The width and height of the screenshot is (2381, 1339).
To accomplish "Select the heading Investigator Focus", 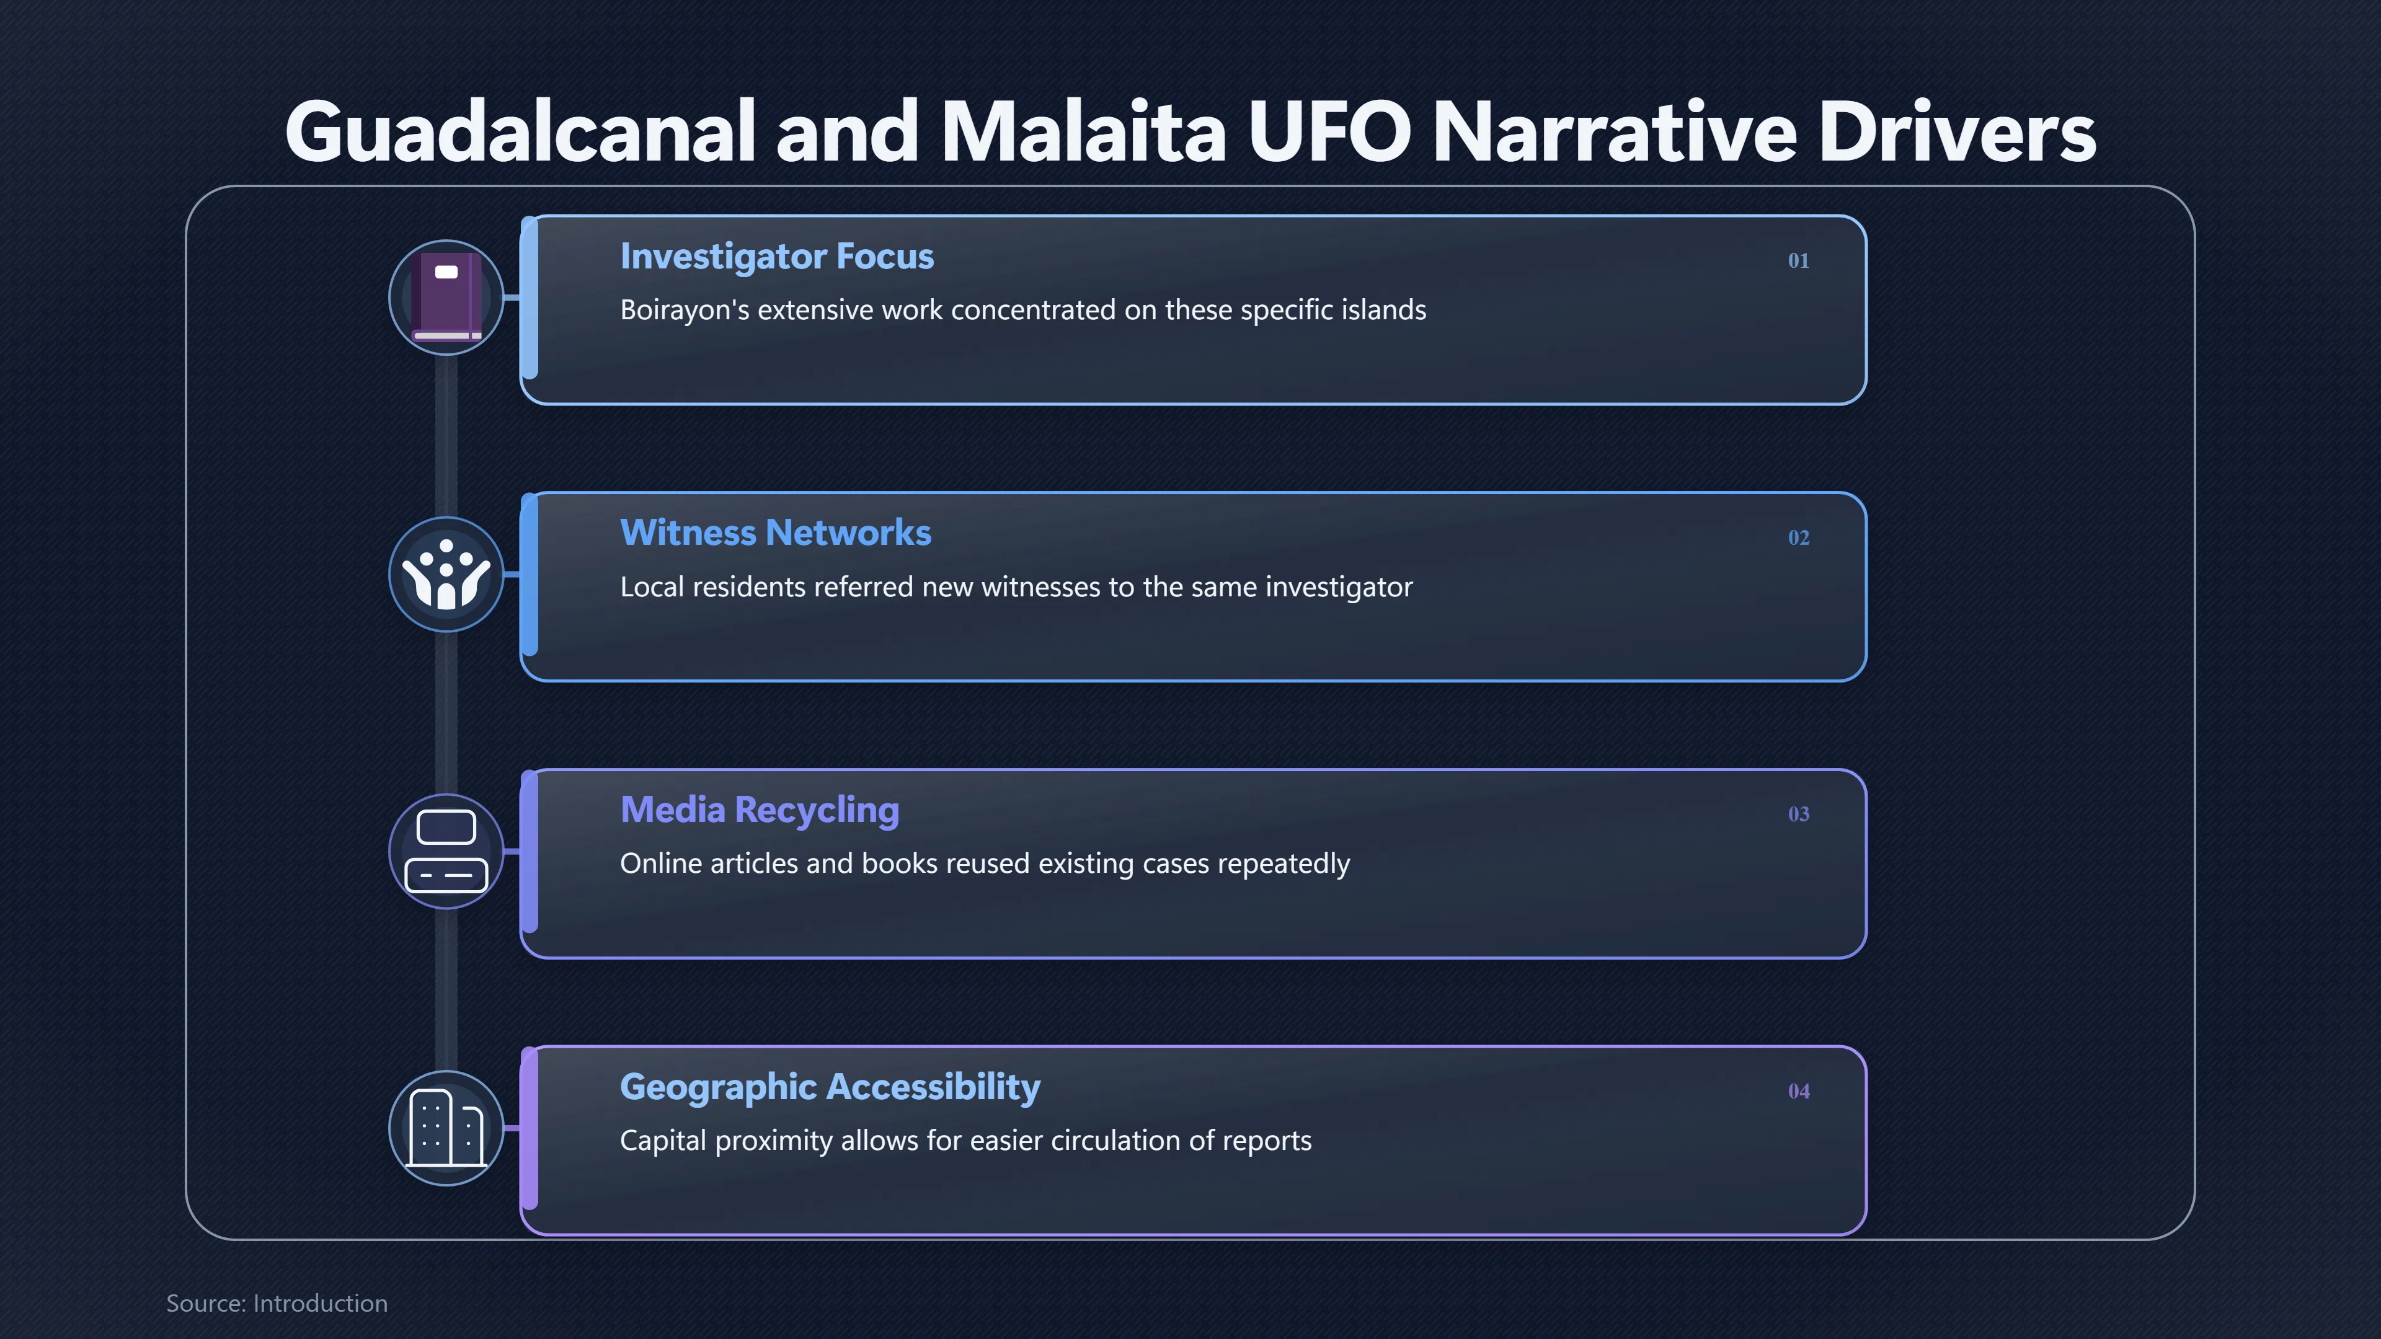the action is [776, 257].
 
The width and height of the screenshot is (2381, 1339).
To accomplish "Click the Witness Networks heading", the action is [776, 533].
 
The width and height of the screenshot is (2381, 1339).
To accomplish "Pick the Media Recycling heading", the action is [760, 810].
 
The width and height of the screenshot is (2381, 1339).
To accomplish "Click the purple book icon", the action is [446, 297].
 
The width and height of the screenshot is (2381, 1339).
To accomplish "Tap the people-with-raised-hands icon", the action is [446, 574].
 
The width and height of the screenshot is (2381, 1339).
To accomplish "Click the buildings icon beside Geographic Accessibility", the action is [446, 1128].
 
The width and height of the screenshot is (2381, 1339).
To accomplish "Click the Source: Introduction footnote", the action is [277, 1303].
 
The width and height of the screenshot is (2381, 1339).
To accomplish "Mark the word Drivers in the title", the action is [1957, 131].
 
